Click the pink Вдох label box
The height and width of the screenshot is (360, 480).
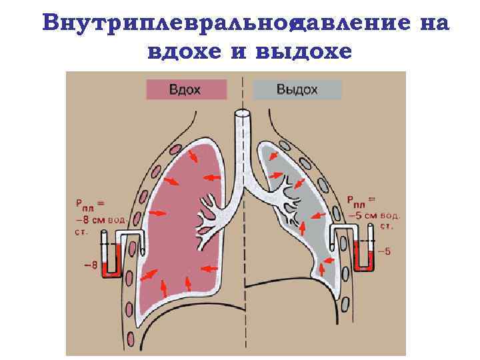pyautogui.click(x=183, y=89)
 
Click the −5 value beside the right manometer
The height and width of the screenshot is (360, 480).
pyautogui.click(x=385, y=251)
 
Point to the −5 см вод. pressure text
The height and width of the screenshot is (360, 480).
pyautogui.click(x=373, y=215)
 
